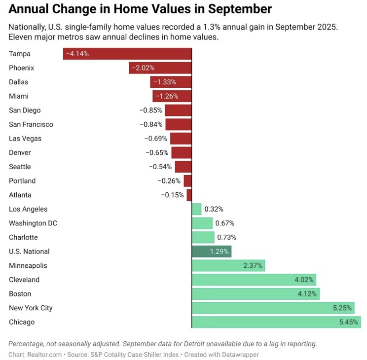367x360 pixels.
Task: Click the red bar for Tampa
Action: pyautogui.click(x=127, y=54)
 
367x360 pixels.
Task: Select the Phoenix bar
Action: pyautogui.click(x=160, y=68)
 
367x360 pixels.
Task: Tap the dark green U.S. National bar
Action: pyautogui.click(x=211, y=252)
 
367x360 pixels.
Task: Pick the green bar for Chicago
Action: pyautogui.click(x=276, y=322)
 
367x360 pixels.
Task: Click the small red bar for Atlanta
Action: pyautogui.click(x=189, y=195)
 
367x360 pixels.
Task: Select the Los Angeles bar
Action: pyautogui.click(x=196, y=209)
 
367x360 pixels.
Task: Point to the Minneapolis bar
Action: pyautogui.click(x=228, y=266)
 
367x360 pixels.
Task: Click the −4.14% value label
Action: pyautogui.click(x=77, y=54)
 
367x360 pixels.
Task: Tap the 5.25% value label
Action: pyautogui.click(x=342, y=308)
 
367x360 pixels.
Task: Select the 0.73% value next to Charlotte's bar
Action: pyautogui.click(x=227, y=237)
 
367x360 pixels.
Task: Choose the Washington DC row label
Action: pyautogui.click(x=33, y=223)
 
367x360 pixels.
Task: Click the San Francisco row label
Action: pyautogui.click(x=31, y=124)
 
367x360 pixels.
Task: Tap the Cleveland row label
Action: pyautogui.click(x=24, y=280)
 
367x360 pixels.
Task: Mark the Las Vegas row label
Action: pyautogui.click(x=25, y=139)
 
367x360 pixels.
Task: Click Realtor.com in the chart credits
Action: pyautogui.click(x=44, y=355)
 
